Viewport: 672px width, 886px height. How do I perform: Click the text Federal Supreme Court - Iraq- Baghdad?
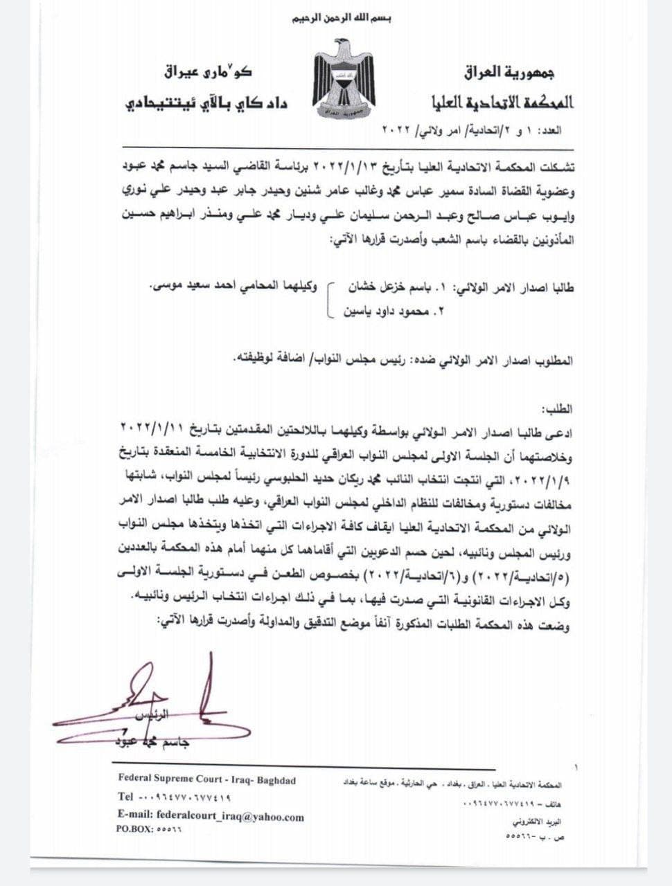[x=207, y=780]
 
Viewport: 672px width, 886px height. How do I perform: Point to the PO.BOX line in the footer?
[x=149, y=829]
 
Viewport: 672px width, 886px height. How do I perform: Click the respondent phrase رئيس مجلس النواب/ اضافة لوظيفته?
[x=309, y=361]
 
